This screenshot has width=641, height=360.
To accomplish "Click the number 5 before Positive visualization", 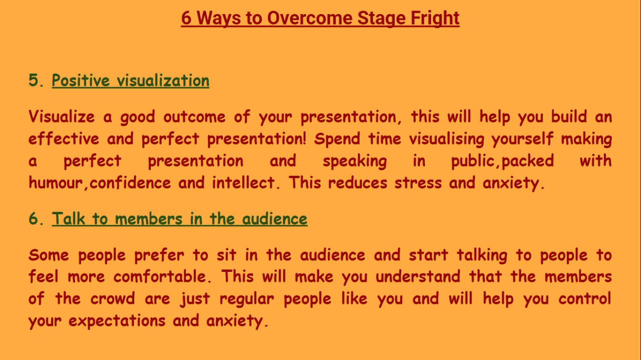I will (34, 81).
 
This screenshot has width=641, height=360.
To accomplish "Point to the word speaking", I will (355, 161).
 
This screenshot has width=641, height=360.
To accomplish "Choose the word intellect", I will (244, 183).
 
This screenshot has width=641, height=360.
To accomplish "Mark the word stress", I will (418, 183).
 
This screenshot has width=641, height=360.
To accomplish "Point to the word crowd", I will (113, 299).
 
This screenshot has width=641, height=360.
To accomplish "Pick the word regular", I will (247, 299).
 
